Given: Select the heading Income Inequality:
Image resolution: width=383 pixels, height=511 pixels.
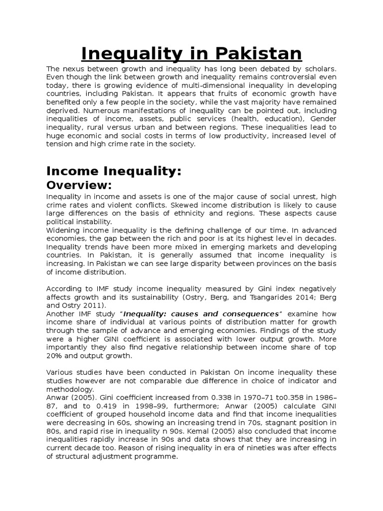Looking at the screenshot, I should (113, 171).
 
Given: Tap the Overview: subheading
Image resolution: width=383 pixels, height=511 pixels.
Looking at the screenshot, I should (79, 185).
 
